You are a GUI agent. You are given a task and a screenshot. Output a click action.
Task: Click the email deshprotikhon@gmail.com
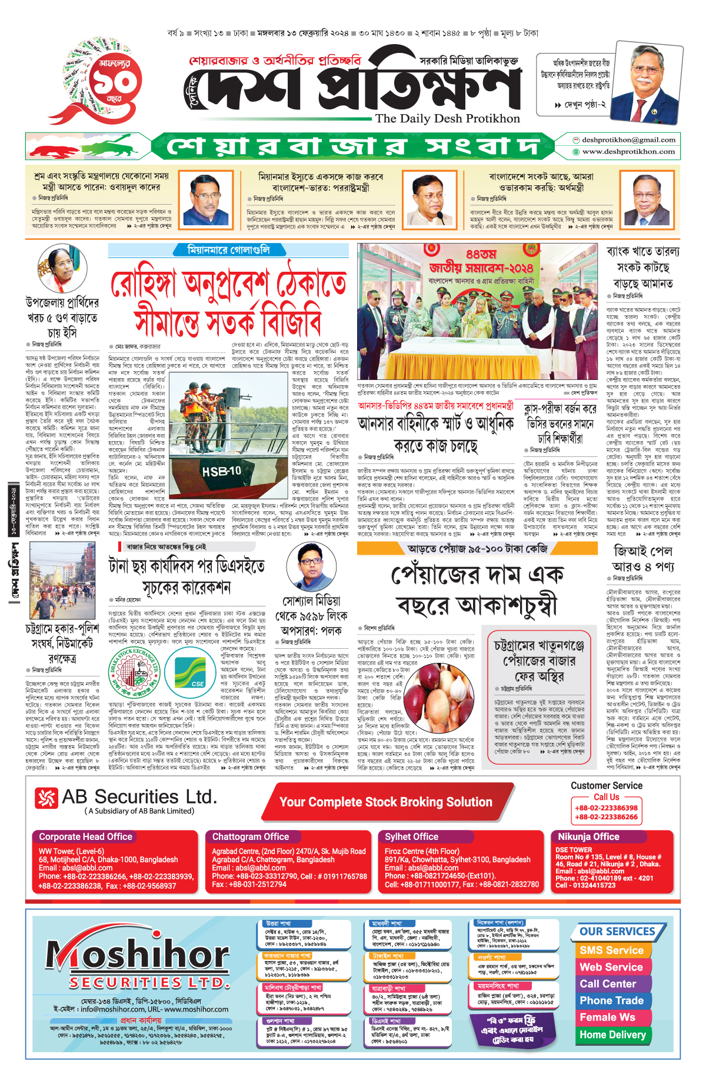[x=628, y=140]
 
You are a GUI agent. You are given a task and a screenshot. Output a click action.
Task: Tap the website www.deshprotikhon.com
[x=628, y=152]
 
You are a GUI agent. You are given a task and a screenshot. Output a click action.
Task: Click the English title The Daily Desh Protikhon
[x=447, y=119]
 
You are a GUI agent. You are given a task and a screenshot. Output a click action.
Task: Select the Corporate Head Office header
[x=85, y=836]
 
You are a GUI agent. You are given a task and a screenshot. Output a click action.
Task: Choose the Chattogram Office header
[x=251, y=836]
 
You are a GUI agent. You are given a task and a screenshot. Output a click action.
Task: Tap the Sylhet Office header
[x=412, y=836]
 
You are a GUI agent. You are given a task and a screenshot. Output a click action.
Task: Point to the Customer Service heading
[x=606, y=785]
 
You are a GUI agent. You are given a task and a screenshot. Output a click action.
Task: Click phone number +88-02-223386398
[x=606, y=808]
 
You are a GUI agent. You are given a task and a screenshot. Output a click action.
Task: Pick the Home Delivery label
[x=612, y=1035]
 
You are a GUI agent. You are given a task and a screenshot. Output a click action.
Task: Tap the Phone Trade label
[x=611, y=1000]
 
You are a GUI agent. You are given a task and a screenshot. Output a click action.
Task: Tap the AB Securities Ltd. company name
[x=139, y=797]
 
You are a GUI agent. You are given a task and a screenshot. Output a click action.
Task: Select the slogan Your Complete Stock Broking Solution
[x=385, y=802]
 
